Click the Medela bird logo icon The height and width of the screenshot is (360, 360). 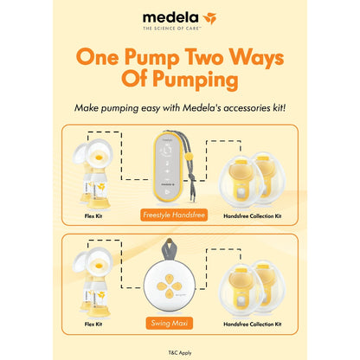(209, 18)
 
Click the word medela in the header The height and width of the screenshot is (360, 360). (170, 17)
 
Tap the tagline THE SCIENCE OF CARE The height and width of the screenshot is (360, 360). (172, 29)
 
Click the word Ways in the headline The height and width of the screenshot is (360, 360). (256, 57)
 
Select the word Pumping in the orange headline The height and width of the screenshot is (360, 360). (196, 80)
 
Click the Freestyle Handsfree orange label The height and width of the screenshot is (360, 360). (174, 215)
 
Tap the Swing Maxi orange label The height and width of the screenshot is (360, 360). (170, 323)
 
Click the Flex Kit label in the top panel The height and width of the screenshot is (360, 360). (93, 215)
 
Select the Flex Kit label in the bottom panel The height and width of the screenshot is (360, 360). (93, 324)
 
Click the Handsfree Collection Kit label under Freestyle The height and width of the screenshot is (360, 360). (253, 215)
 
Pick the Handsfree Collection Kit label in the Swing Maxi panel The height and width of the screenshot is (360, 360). (253, 324)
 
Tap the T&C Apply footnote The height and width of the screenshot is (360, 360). (180, 352)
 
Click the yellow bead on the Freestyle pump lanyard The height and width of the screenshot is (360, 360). (189, 157)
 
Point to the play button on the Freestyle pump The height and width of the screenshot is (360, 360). (167, 191)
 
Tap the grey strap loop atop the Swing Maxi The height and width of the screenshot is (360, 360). (170, 249)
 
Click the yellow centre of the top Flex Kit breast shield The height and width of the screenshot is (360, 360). (99, 157)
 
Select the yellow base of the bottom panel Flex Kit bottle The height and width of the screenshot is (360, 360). (99, 312)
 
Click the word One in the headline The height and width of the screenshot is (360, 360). (98, 57)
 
